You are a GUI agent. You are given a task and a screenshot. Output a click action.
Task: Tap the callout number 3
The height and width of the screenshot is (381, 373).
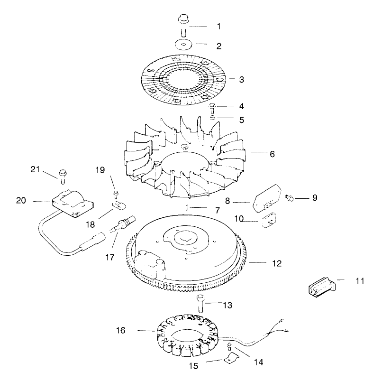pos(241,80)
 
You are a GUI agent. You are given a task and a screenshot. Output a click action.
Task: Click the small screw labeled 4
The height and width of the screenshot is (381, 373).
pos(213,107)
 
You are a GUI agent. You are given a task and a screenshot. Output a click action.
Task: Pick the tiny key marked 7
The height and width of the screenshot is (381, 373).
pos(188,207)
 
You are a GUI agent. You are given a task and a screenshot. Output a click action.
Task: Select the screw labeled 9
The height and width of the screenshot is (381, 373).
pos(288,196)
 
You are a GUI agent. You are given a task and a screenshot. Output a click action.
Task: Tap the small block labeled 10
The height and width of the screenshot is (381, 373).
pos(269,221)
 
